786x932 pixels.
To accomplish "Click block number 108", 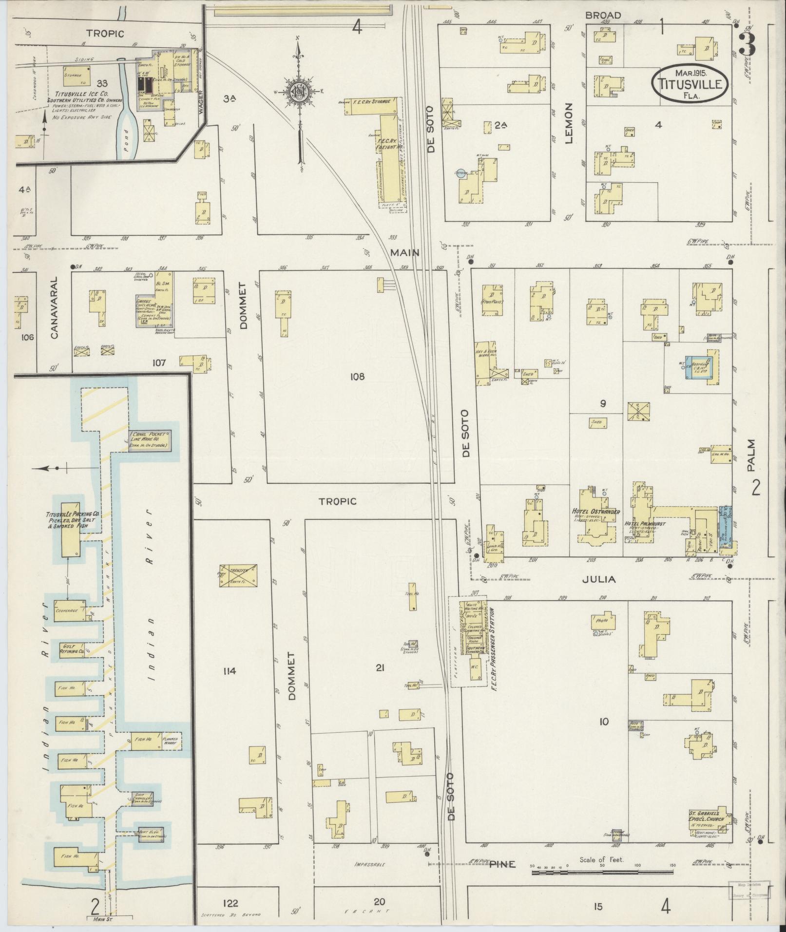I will coord(357,376).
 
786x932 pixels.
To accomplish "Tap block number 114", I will coord(229,671).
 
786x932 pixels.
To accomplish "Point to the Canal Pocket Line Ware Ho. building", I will coord(150,440).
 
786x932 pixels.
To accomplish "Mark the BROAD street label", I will coord(603,16).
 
